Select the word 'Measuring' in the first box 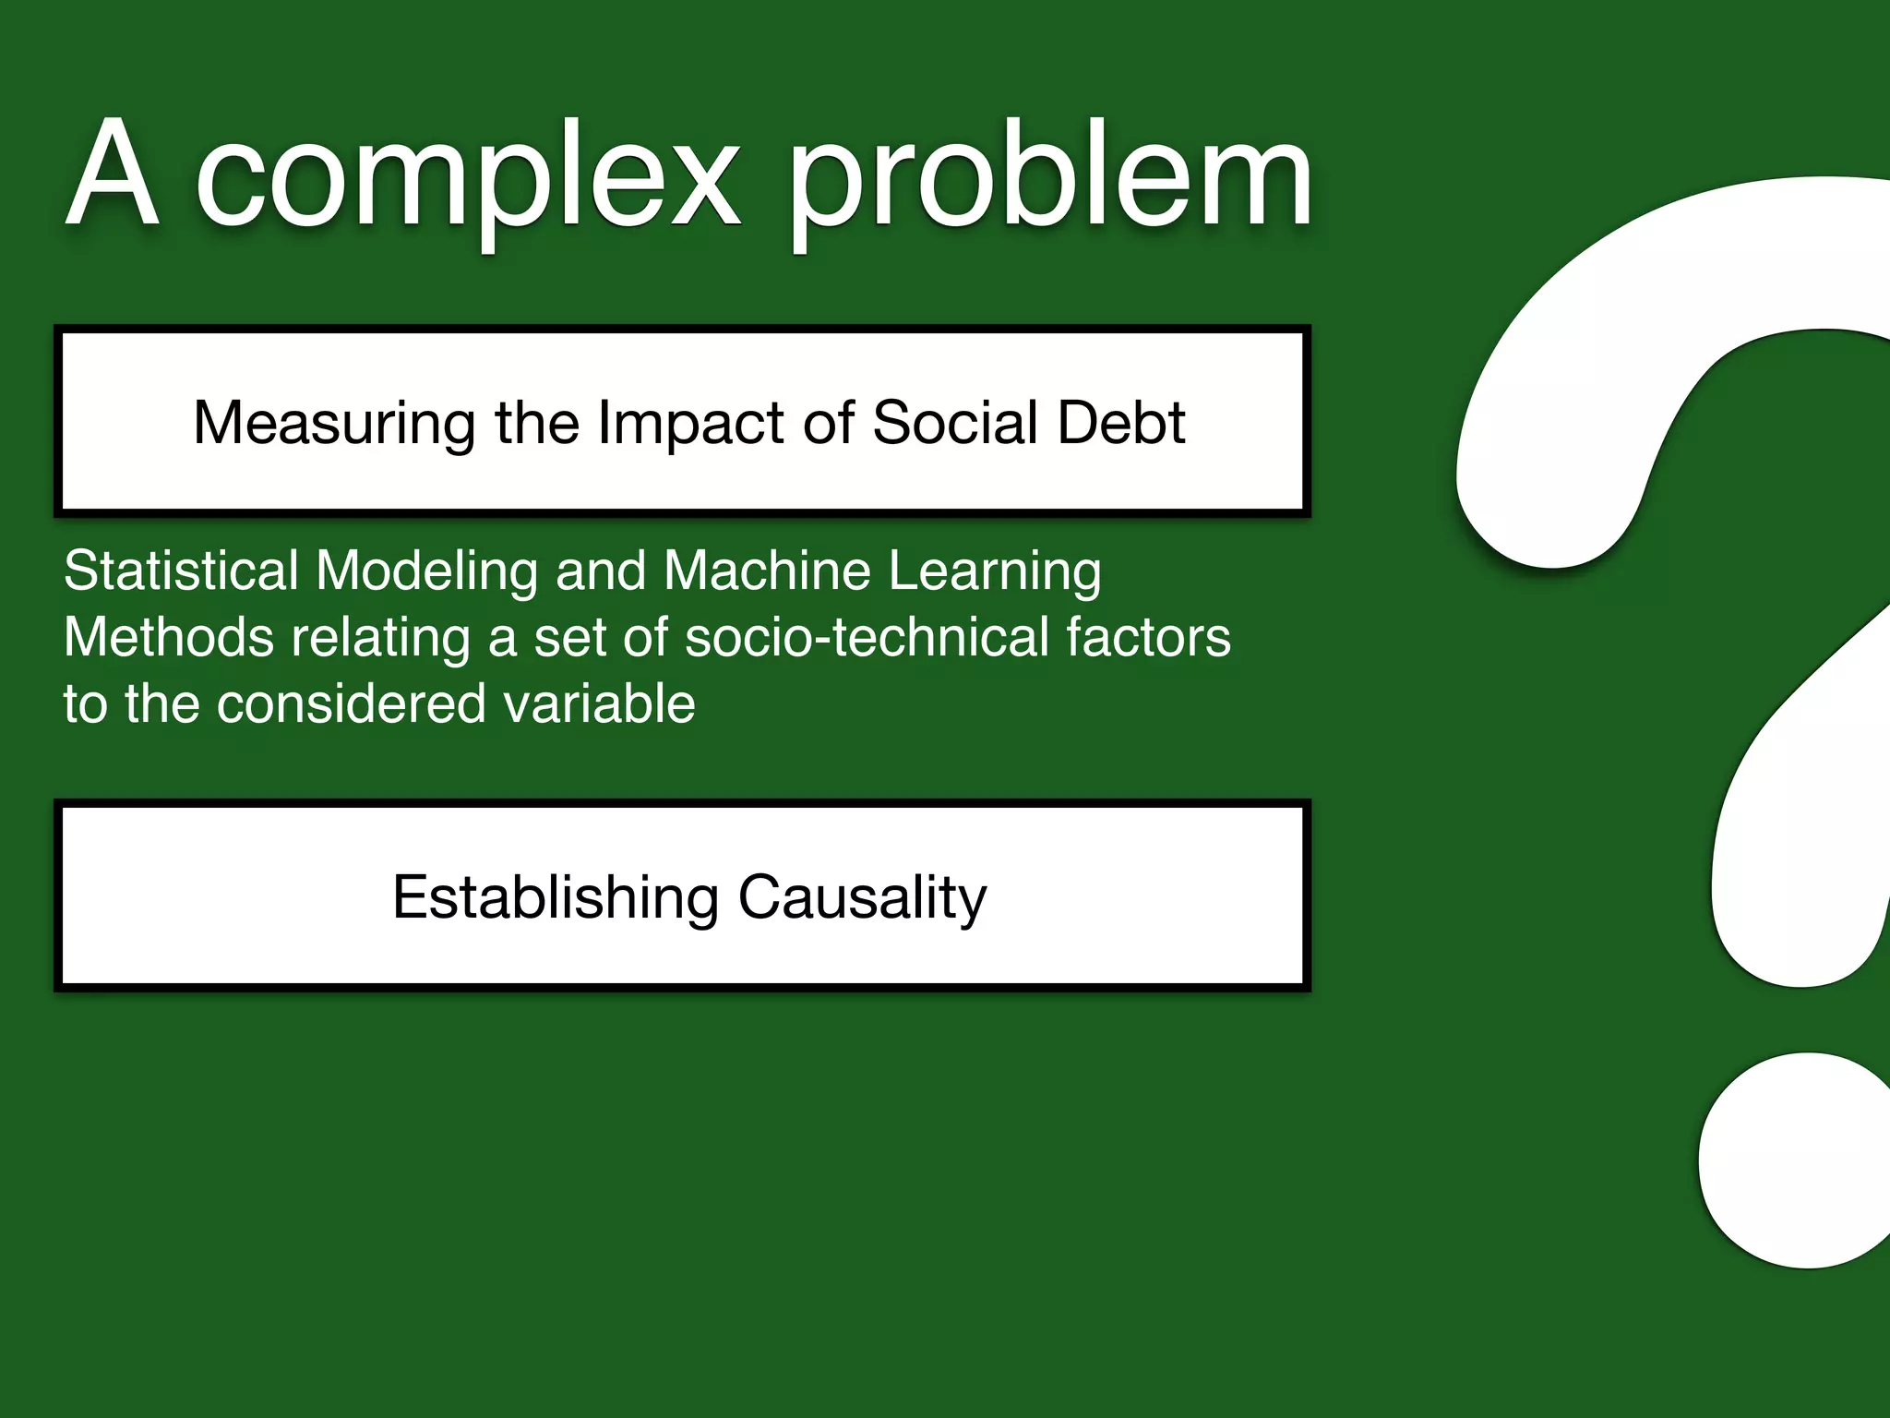tap(334, 423)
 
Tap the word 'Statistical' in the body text tap(181, 570)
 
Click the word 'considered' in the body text tap(351, 703)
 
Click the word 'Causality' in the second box tap(862, 897)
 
